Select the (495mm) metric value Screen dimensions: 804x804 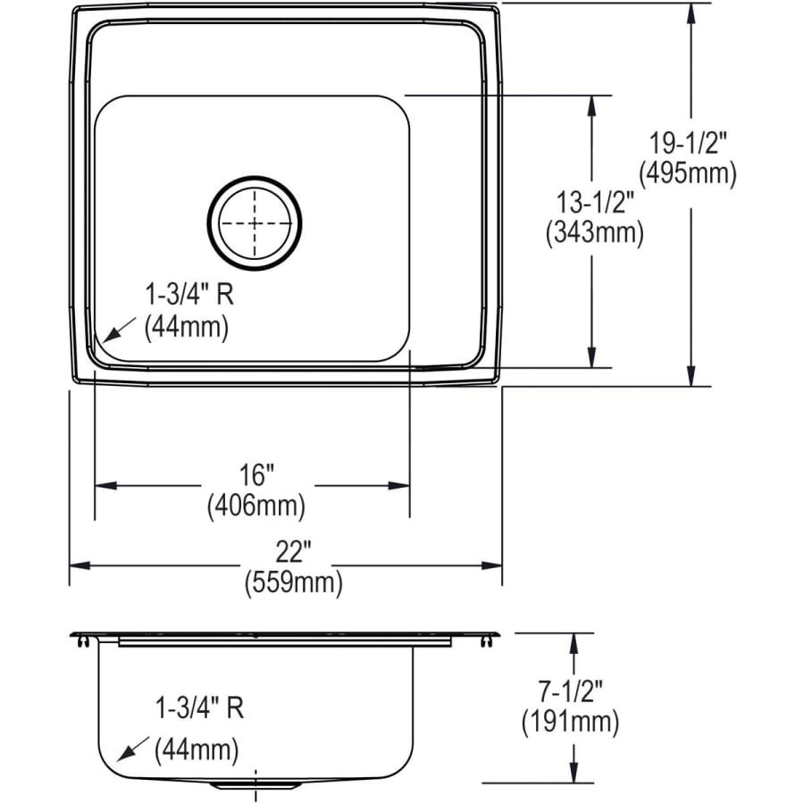tap(688, 172)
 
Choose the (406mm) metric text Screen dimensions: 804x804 tap(256, 506)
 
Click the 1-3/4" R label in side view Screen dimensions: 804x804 tap(198, 708)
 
